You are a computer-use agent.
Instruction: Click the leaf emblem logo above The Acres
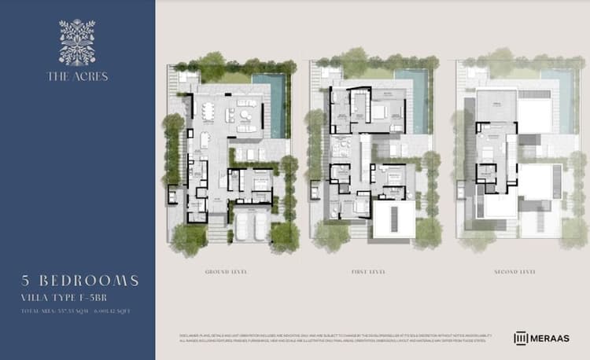tap(77, 42)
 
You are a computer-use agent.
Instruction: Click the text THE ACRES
tap(77, 76)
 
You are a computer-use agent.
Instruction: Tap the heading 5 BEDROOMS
tap(81, 281)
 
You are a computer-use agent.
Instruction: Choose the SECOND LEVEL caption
tap(516, 271)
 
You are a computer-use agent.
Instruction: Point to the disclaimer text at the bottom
tap(330, 337)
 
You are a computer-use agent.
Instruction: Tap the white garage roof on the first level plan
tap(393, 219)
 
